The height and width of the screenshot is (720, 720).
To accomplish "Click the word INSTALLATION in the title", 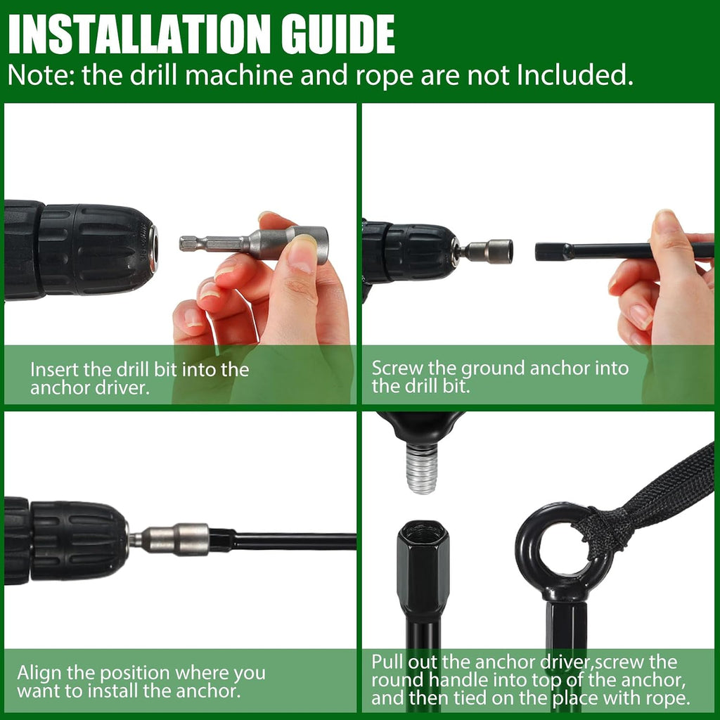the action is (139, 34).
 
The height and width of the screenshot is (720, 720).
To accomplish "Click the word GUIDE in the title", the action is (338, 34).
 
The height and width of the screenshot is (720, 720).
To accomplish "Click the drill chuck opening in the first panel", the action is (154, 251).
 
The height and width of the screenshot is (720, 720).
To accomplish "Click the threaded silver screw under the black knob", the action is (421, 469).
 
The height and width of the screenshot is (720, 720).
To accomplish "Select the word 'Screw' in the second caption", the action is (396, 368).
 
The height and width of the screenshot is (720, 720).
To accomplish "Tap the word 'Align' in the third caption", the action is (39, 673).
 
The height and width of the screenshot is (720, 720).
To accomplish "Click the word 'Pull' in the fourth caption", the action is (387, 662).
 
